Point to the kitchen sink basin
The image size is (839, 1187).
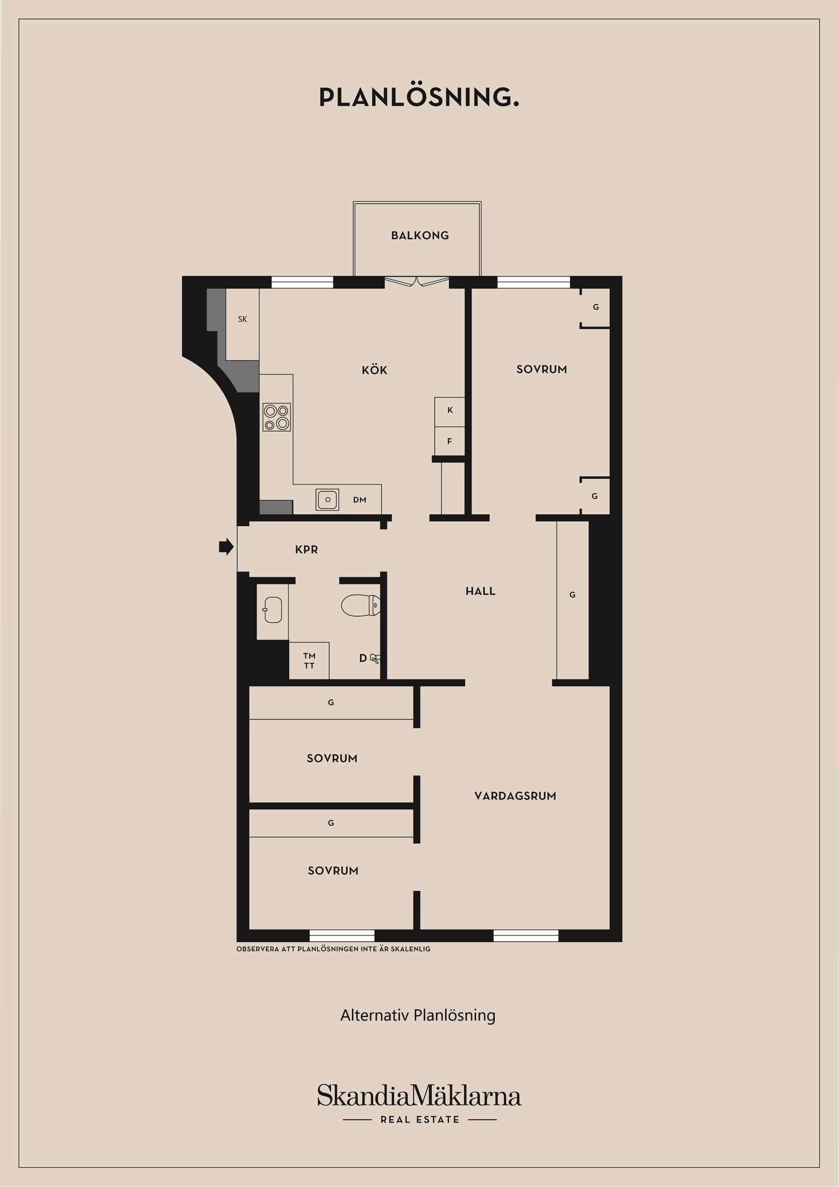pyautogui.click(x=327, y=500)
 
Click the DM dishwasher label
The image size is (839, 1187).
pyautogui.click(x=360, y=500)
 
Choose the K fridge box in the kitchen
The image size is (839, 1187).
pyautogui.click(x=450, y=410)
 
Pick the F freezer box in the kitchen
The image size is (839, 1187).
pyautogui.click(x=450, y=441)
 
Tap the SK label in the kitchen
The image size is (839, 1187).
pyautogui.click(x=243, y=319)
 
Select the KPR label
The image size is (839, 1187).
pyautogui.click(x=307, y=550)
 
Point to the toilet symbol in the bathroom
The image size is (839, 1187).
pyautogui.click(x=361, y=605)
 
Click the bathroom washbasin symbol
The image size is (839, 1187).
pyautogui.click(x=272, y=610)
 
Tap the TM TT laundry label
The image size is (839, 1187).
pyautogui.click(x=309, y=661)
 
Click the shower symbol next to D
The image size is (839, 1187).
pyautogui.click(x=376, y=659)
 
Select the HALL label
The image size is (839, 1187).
pyautogui.click(x=480, y=591)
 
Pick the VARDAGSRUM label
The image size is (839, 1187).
pyautogui.click(x=515, y=796)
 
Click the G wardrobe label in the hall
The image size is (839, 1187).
pyautogui.click(x=572, y=595)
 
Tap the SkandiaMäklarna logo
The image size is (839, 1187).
pyautogui.click(x=419, y=1097)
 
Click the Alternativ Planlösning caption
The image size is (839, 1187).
pyautogui.click(x=418, y=1015)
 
